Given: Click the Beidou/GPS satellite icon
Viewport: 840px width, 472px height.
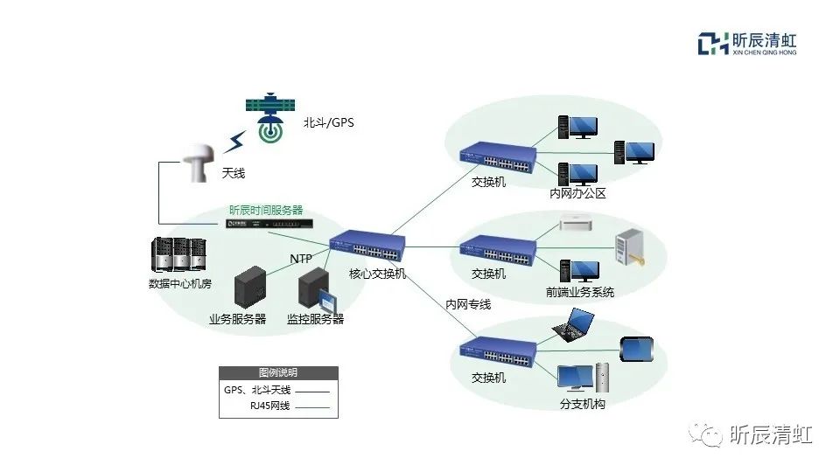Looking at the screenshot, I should point(270,119).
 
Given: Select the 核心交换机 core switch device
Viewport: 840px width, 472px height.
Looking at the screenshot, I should point(368,247).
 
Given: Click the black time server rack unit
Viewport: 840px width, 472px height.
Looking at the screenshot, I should point(269,225).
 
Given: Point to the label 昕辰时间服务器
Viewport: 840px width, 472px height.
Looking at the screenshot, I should point(266,210).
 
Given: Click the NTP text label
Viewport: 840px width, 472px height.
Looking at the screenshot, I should point(302,258).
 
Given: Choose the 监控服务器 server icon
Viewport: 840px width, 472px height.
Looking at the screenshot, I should point(316,292).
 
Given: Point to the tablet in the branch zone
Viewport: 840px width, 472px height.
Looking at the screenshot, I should point(637,349).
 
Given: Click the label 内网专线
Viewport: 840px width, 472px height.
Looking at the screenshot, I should point(468,304).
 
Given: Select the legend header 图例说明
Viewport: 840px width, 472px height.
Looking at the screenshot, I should point(278,372).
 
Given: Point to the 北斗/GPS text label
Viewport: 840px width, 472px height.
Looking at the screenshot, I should point(329,123).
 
